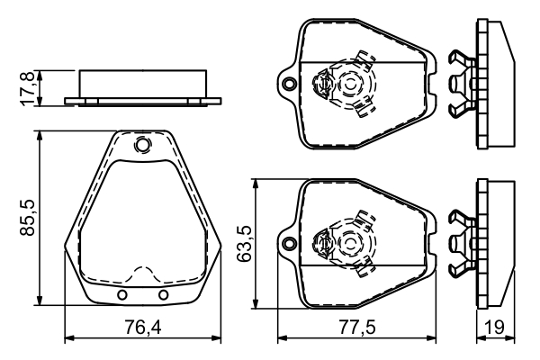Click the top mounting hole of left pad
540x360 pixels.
[x=142, y=145]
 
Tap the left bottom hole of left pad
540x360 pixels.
[x=122, y=295]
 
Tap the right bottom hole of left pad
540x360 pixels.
[x=163, y=295]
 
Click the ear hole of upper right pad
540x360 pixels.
[x=288, y=85]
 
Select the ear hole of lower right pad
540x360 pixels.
[x=288, y=241]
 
